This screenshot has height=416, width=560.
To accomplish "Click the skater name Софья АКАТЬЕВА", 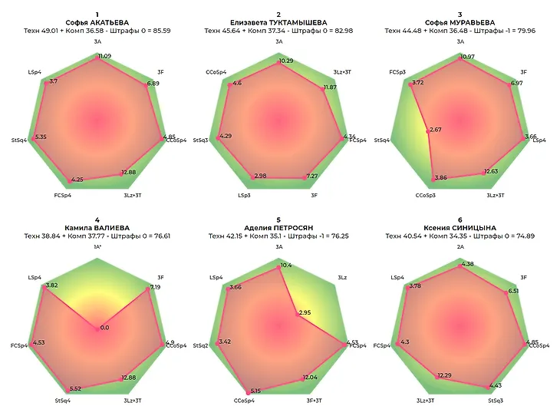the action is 97,22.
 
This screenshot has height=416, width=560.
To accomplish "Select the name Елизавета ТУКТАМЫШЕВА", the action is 278,22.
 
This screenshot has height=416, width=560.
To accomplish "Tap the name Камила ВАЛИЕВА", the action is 97,228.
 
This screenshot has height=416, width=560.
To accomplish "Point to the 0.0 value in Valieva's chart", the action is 104,328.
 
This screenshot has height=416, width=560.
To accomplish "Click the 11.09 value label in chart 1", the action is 104,56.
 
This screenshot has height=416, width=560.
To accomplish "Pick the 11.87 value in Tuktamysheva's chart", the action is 330,87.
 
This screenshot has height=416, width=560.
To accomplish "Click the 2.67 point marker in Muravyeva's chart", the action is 428,131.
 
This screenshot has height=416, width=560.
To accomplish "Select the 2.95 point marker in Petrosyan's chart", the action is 297,315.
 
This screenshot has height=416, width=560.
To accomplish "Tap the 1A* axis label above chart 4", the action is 97,247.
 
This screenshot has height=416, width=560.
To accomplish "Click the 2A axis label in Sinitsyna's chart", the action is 460,247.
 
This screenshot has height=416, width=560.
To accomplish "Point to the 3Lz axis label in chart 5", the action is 342,278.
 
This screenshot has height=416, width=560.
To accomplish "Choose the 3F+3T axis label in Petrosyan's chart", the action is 314,401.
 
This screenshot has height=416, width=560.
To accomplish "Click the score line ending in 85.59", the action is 97,31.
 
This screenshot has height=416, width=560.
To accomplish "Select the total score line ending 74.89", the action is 460,236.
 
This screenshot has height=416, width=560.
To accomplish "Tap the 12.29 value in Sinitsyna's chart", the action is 444,375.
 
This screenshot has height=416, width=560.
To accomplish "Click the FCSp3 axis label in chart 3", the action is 397,72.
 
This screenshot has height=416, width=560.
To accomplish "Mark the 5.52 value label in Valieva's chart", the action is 74,388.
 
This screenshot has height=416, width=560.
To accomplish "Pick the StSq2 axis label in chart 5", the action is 200,345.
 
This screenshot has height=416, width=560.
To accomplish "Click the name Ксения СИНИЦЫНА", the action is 460,228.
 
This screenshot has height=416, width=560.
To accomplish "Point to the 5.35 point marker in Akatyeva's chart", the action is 33,139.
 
